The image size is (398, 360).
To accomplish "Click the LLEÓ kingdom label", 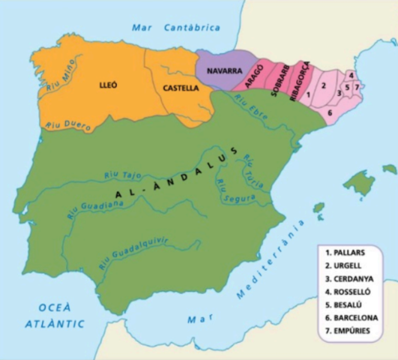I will click(109, 85).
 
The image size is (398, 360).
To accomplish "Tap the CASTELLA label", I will click(181, 88).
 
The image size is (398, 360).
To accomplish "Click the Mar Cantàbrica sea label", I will click(176, 28).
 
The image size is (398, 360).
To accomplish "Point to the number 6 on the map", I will click(330, 112).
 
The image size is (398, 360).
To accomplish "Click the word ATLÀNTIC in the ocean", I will click(53, 324).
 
